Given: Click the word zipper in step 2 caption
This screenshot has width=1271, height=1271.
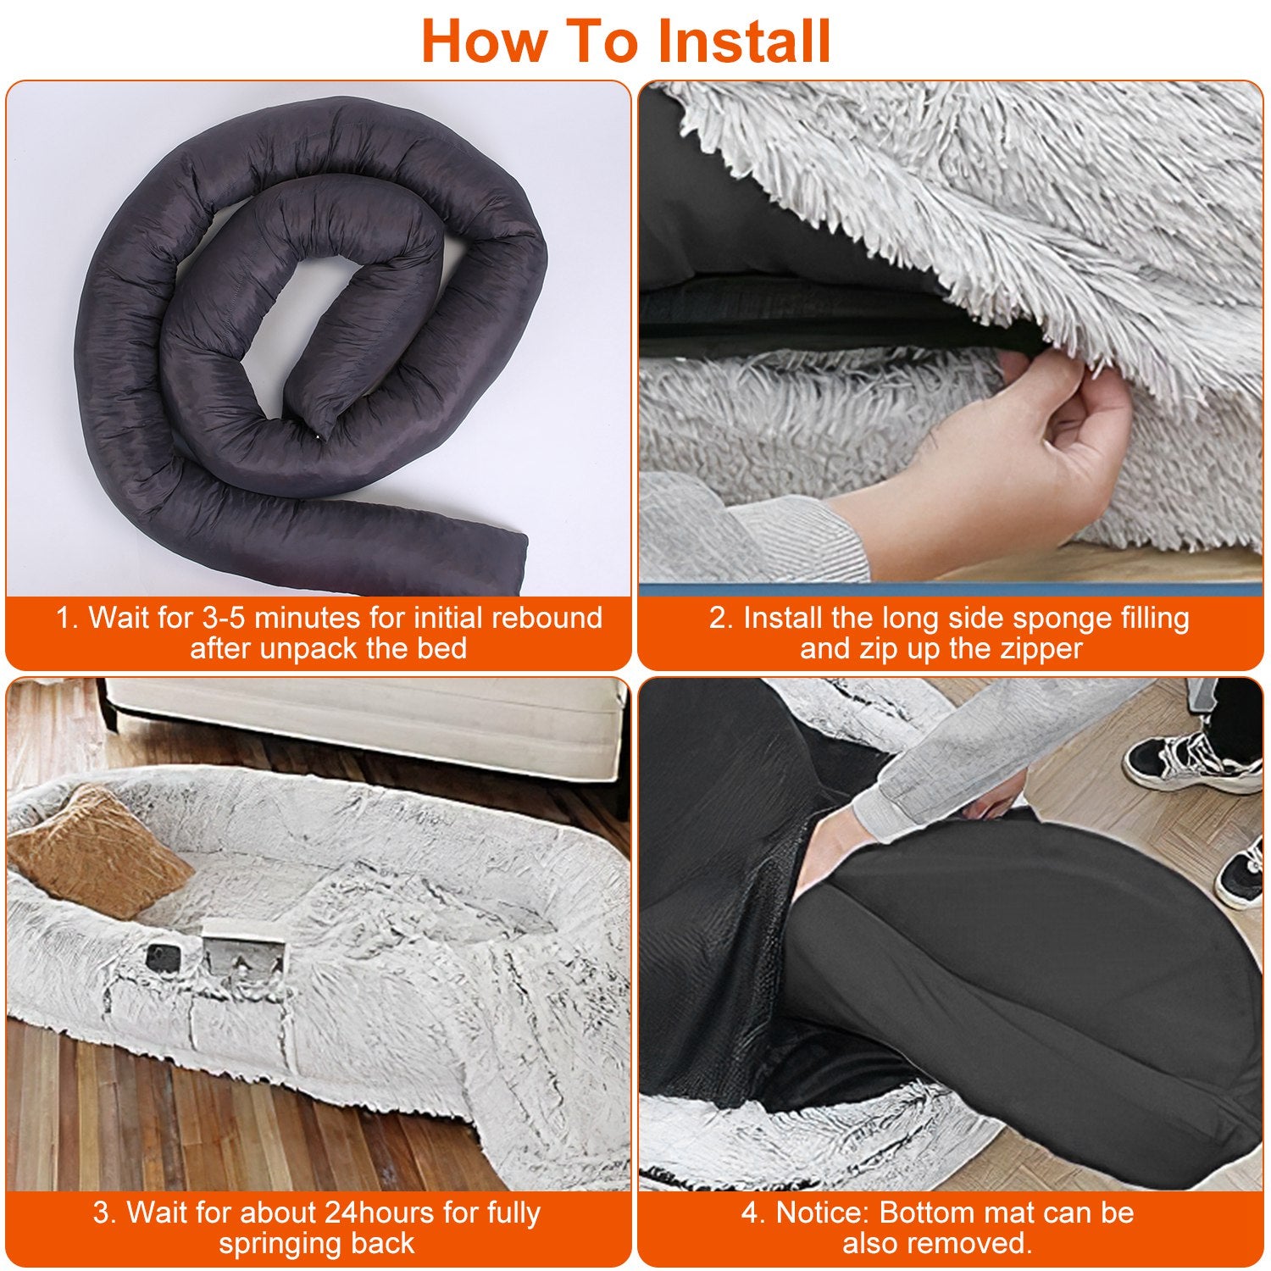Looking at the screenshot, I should coord(1041,648).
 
